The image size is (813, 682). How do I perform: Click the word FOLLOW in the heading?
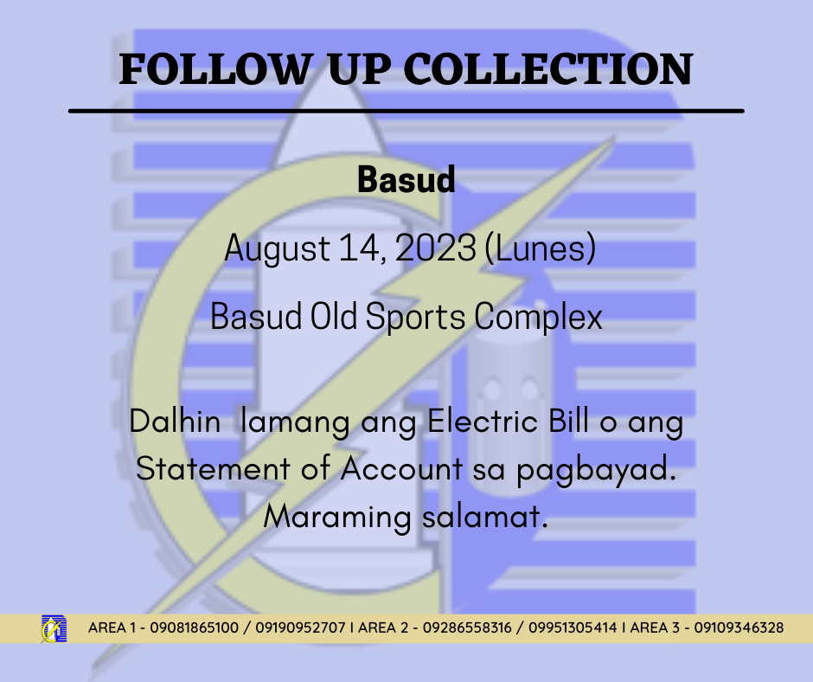(x=215, y=68)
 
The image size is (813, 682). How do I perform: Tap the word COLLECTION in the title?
(x=548, y=68)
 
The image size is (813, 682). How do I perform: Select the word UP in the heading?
(x=360, y=68)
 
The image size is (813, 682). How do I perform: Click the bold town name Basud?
(x=406, y=179)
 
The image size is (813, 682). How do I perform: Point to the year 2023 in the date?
(x=436, y=248)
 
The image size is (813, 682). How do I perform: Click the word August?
(x=277, y=249)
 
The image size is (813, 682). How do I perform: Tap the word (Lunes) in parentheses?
(x=541, y=248)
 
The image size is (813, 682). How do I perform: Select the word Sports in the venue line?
(x=415, y=317)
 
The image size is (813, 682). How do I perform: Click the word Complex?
(x=538, y=317)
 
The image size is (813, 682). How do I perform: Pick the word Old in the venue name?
(x=333, y=316)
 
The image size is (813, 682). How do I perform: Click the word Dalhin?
(x=175, y=421)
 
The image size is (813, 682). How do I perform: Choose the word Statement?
(x=213, y=468)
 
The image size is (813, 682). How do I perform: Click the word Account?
(x=401, y=468)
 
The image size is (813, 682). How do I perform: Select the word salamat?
(x=485, y=517)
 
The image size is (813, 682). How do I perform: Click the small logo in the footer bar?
(x=54, y=629)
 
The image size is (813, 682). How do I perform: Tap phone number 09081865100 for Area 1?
(x=194, y=628)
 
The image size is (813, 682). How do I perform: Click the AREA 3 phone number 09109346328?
(x=739, y=628)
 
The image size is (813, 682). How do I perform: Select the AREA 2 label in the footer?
(x=383, y=628)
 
